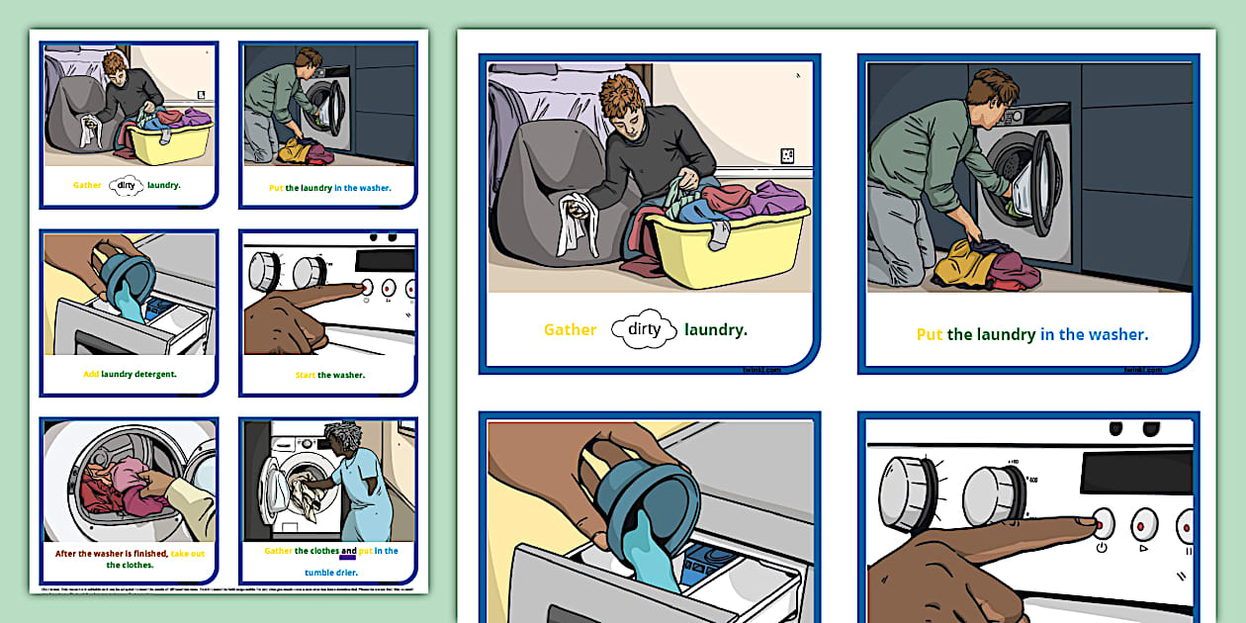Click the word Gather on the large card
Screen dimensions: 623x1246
click(570, 330)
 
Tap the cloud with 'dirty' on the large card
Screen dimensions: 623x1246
click(644, 330)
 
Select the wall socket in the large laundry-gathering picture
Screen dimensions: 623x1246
click(787, 155)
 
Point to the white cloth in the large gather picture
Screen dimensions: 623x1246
click(573, 222)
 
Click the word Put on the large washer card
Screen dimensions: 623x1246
click(929, 335)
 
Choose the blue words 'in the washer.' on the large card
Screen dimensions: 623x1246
click(1094, 335)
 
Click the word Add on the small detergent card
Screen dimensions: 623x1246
click(90, 375)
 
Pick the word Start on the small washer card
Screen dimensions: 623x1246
click(305, 376)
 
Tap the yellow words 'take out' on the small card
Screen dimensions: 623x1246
click(187, 554)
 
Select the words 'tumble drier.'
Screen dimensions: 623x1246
click(331, 572)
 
